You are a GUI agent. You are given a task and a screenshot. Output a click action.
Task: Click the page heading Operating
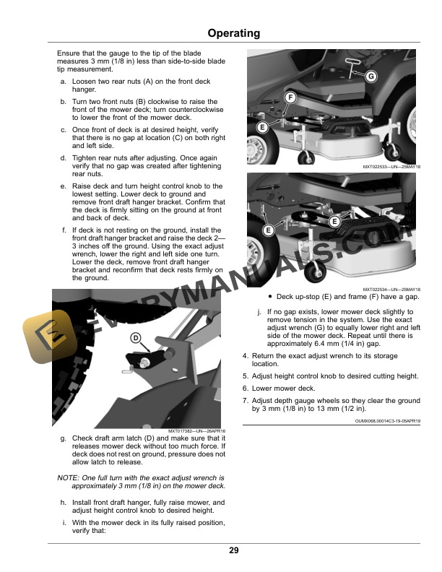coord(233,33)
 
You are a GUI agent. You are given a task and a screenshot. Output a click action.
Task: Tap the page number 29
coord(233,551)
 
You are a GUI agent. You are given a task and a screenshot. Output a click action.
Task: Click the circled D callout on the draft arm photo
coord(135,338)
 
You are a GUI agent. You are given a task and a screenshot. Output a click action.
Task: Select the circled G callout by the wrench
coord(370,77)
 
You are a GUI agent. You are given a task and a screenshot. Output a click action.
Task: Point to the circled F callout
coord(290,97)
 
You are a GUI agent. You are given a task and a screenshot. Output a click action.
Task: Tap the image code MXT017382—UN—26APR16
coord(196,431)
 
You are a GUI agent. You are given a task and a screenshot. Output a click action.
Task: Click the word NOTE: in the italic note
coord(69,478)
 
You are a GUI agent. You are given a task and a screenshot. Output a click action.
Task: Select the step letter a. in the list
coord(64,83)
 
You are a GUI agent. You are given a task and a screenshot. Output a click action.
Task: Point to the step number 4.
coord(246,356)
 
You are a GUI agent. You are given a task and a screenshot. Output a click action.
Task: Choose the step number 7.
coord(246,400)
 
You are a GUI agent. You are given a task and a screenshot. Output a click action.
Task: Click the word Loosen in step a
coord(84,83)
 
